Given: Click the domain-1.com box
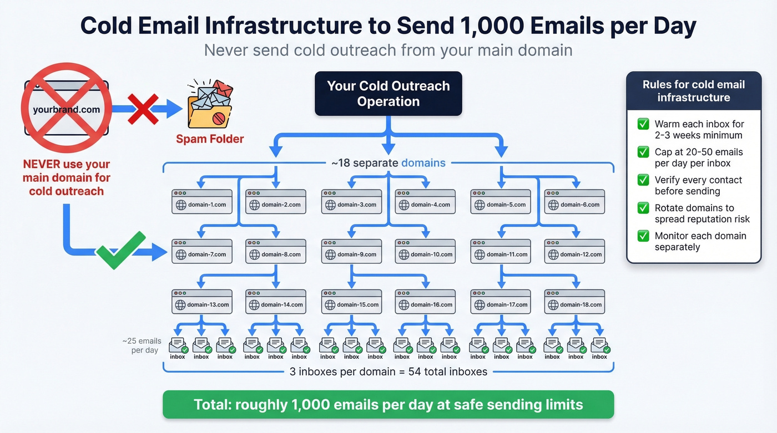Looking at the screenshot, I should [201, 202].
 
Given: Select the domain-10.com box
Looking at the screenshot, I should [425, 251].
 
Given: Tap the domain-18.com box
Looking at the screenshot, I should [574, 301].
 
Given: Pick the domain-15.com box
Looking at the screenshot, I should [351, 301].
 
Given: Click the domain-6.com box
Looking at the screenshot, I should [574, 202].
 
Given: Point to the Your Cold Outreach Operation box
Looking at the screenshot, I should [388, 94].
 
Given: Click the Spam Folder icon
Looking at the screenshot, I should [210, 105].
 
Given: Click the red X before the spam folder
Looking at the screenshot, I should [143, 109].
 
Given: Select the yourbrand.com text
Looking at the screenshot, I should [66, 109].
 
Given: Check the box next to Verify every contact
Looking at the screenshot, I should [643, 180].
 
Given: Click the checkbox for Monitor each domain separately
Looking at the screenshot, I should [643, 236].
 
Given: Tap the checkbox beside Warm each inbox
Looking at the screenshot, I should [643, 124].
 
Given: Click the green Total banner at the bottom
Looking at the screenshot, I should [388, 404].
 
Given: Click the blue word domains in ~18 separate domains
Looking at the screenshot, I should [423, 163].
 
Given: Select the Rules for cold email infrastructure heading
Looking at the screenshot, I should [693, 91].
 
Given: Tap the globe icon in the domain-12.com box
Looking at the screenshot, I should [553, 254].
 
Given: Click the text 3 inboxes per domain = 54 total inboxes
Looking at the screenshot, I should [388, 371].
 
